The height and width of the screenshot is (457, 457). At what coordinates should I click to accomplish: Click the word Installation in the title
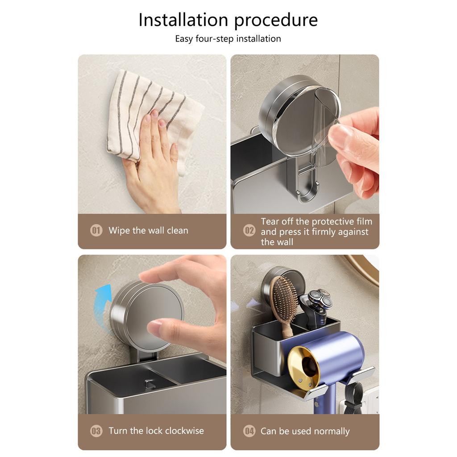tap(183, 21)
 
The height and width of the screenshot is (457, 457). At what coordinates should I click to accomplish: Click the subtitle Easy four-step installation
tap(228, 39)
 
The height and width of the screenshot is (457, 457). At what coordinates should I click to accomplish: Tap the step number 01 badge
tap(96, 231)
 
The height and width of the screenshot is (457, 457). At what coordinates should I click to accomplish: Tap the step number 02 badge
tap(249, 231)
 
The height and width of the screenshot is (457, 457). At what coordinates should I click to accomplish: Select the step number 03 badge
tap(96, 431)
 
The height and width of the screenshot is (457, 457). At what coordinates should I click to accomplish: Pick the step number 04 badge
tap(249, 431)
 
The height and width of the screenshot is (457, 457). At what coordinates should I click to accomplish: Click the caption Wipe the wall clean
tap(148, 231)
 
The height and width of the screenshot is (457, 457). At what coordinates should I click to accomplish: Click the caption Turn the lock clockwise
tap(156, 431)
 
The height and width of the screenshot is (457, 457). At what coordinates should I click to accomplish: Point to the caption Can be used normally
tap(305, 431)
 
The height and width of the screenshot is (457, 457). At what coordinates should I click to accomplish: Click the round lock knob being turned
tap(147, 315)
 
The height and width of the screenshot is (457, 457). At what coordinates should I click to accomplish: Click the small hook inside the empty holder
tap(150, 384)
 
